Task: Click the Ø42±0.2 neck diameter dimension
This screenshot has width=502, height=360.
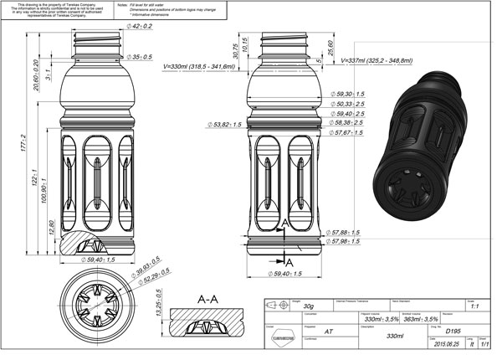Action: (141, 27)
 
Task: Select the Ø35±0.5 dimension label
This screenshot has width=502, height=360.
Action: (141, 57)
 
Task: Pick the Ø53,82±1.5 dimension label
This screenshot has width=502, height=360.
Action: (225, 125)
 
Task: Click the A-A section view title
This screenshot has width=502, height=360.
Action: (207, 298)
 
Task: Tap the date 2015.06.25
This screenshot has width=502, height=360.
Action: (442, 344)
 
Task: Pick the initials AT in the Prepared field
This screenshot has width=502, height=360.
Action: (330, 332)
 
